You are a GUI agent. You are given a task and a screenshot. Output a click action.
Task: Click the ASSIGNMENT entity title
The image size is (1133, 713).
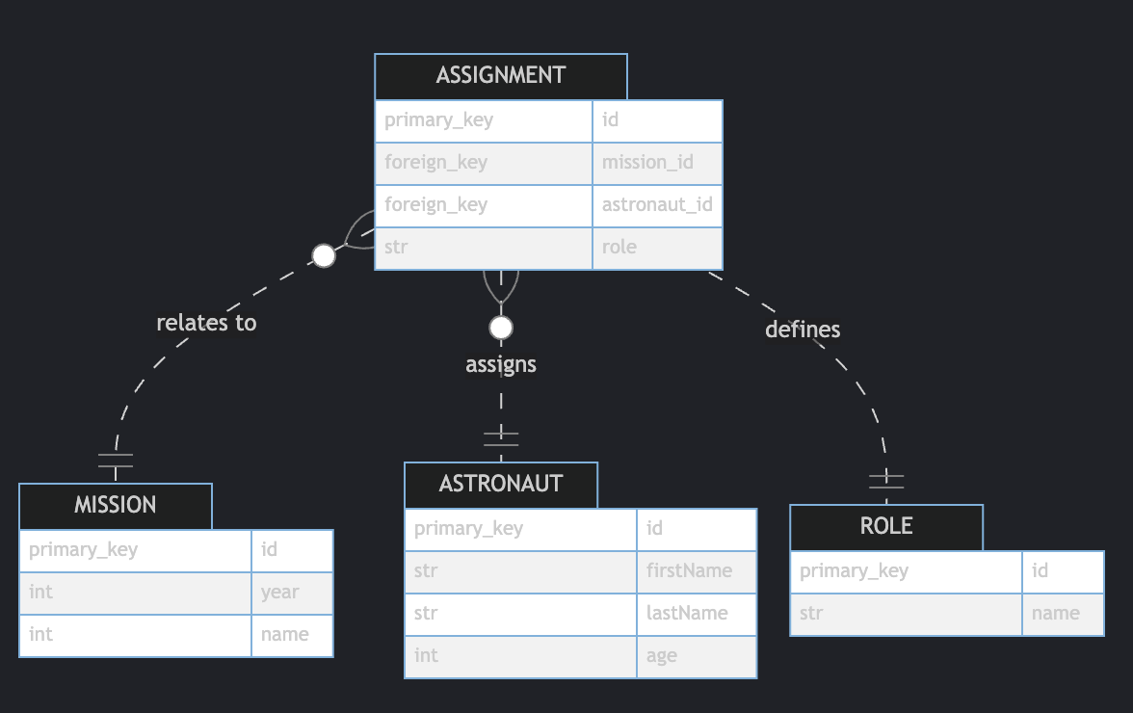500,76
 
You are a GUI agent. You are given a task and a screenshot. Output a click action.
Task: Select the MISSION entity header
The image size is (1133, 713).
116,506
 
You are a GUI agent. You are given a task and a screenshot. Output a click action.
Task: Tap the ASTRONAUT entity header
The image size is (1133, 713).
500,485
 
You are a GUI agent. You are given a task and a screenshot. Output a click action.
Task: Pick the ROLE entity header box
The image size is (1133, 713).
885,527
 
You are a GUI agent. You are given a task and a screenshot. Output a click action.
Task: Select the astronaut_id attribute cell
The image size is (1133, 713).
657,205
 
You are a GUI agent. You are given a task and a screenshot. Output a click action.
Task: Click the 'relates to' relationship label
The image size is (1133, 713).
206,323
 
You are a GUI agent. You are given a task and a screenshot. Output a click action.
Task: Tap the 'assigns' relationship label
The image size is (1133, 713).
500,364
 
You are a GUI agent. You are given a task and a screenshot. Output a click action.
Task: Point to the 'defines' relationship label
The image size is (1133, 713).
803,330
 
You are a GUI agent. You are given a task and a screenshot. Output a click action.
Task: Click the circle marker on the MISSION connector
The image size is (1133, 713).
324,255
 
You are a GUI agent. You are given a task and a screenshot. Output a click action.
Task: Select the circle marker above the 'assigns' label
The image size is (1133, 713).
500,328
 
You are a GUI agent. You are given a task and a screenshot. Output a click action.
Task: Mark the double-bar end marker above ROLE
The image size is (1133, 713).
886,479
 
